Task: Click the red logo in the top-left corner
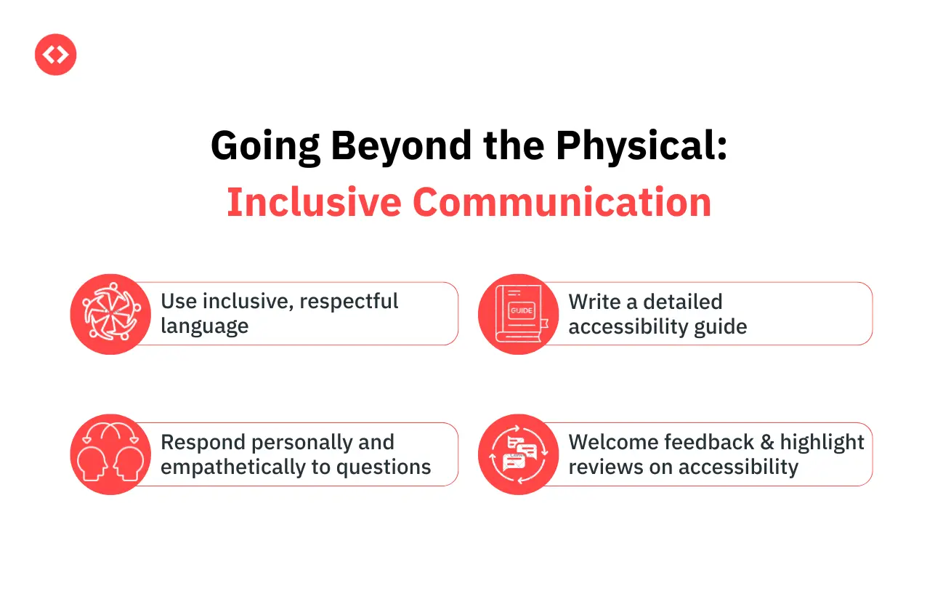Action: [55, 55]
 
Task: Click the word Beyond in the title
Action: [401, 146]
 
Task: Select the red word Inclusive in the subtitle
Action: [314, 203]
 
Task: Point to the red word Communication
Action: [562, 203]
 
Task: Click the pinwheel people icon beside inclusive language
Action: [110, 314]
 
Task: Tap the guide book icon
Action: [519, 314]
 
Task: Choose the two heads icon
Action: [110, 454]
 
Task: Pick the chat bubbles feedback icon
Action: [519, 454]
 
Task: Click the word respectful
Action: [349, 302]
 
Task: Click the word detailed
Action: [682, 302]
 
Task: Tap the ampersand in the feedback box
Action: [767, 443]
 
